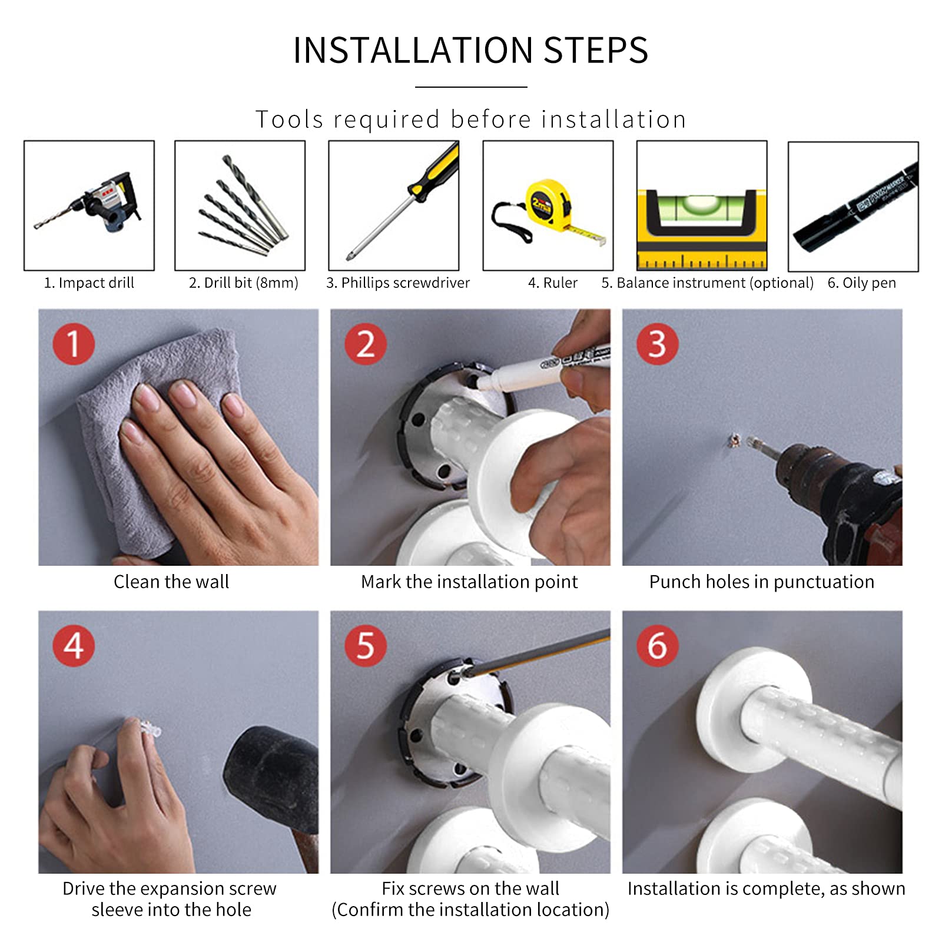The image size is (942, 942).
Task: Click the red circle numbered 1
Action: coord(74,344)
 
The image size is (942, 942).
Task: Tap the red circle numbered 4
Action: coord(74,645)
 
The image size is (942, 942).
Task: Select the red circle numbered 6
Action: coord(658,645)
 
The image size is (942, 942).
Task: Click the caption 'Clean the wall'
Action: coord(171,582)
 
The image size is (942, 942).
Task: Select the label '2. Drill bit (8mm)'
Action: coord(244,283)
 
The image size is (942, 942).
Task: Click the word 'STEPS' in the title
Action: coord(595,50)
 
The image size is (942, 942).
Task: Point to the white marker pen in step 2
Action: coord(542,370)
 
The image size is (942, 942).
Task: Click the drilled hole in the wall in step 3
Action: coord(733,440)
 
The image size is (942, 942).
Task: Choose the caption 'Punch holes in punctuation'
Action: coord(762,582)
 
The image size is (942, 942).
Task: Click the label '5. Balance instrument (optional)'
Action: coord(708,283)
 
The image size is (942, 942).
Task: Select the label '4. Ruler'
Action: coord(553,283)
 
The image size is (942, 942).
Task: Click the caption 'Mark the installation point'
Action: coord(469,582)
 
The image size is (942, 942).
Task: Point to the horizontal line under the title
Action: coord(471,87)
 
